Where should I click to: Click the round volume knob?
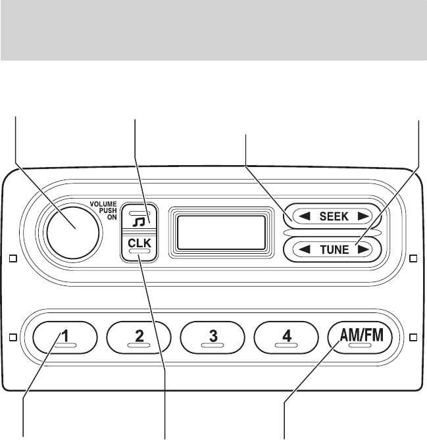click(72, 227)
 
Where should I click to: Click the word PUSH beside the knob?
click(108, 210)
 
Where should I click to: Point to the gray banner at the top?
click(213, 30)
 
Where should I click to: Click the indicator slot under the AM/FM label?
click(360, 345)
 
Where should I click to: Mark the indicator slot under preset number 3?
click(213, 345)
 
